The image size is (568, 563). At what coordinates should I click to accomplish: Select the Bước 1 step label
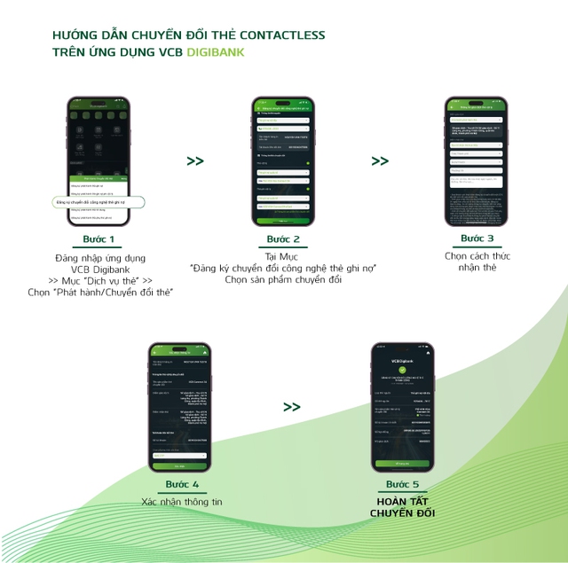pos(99,239)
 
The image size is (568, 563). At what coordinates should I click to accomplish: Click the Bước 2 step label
pos(284,239)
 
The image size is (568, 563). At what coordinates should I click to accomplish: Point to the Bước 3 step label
pos(477,238)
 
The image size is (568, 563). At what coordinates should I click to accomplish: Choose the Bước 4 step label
pos(182,485)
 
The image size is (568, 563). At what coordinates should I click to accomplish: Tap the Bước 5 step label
pos(403,485)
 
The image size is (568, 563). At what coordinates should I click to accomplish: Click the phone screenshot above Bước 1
pos(99,160)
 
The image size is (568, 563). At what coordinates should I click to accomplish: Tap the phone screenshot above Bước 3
pos(475,160)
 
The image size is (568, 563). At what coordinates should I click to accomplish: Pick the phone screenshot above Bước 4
pos(180,407)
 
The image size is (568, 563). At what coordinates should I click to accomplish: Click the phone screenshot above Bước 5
pos(402,407)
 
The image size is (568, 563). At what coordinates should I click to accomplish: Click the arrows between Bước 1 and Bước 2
pos(194,161)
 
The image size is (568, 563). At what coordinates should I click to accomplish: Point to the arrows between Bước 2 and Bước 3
pos(380,161)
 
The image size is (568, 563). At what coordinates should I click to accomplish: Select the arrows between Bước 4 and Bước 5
pos(292,407)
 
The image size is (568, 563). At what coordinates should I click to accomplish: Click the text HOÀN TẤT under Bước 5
pos(402,502)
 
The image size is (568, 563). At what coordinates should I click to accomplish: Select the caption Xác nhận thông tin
pos(182,502)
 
